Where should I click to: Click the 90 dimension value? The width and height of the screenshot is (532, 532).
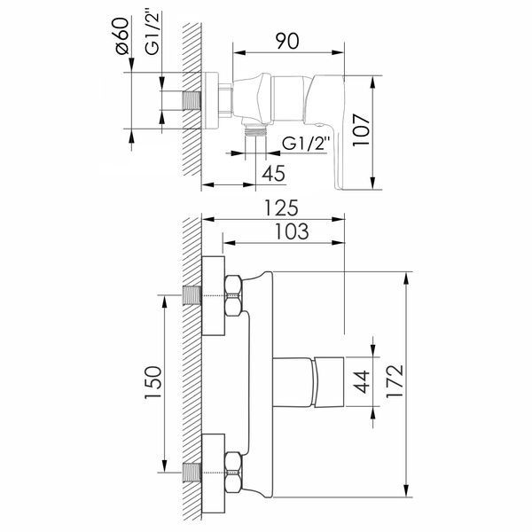287,41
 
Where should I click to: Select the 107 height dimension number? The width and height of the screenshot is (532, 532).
360,130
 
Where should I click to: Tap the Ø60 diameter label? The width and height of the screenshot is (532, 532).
122,35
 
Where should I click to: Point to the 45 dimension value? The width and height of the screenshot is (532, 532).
273,173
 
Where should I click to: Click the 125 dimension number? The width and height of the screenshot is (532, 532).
281,208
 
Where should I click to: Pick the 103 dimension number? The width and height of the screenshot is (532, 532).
292,231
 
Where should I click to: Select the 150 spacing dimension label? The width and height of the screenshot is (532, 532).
153,383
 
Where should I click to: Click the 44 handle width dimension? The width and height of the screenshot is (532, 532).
361,381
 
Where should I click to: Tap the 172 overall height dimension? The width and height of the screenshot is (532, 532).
395,381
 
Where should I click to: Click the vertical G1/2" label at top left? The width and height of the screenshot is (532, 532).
152,34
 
